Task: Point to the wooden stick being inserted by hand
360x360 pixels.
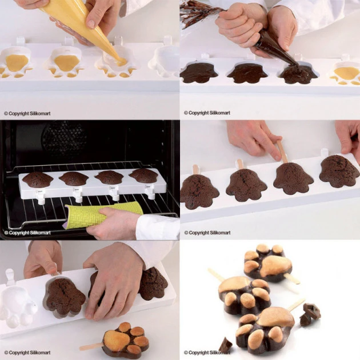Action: pos(282,152)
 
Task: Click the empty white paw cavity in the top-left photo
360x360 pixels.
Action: pos(165,62)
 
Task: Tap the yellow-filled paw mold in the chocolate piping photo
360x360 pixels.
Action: pos(345,73)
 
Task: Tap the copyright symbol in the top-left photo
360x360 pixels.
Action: pos(6,113)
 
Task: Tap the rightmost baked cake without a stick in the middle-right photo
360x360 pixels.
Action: pos(339,170)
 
